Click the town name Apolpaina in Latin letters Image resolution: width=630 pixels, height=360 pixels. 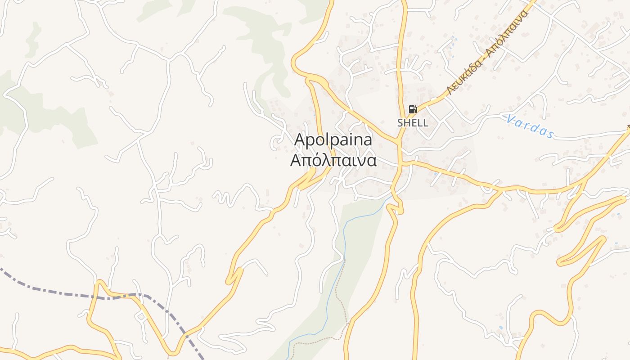[333, 140]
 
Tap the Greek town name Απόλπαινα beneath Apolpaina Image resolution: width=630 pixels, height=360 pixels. [333, 161]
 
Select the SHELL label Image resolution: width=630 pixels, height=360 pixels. [413, 122]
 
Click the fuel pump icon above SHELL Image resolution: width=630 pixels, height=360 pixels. [413, 109]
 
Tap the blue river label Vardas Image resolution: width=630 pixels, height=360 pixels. [530, 126]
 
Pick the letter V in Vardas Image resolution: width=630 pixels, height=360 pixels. [510, 119]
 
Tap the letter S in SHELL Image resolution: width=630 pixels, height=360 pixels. [400, 122]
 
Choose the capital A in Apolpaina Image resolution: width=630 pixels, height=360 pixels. [299, 140]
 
